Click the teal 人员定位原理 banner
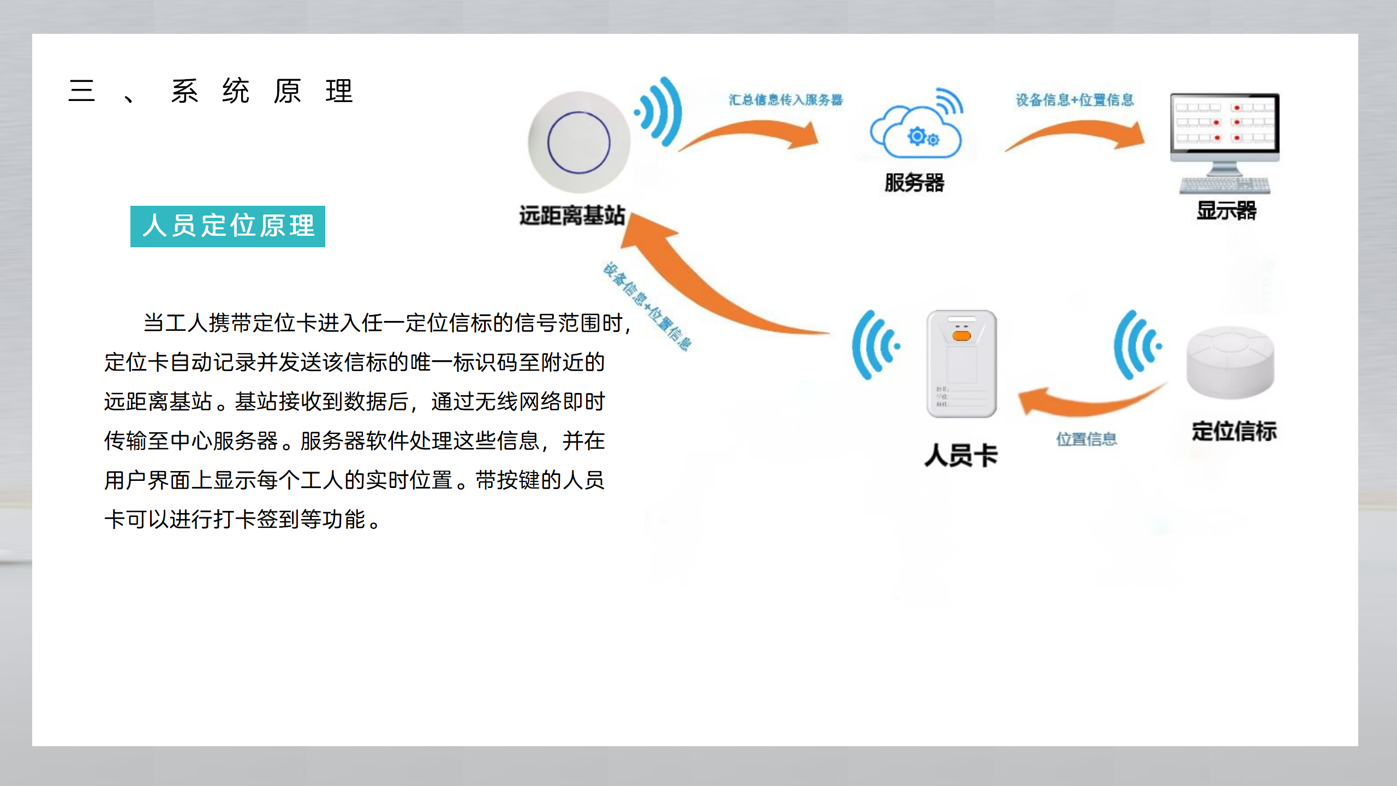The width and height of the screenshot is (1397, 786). [x=228, y=226]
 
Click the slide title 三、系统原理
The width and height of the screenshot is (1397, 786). [x=211, y=91]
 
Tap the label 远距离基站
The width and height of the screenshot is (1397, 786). [x=571, y=215]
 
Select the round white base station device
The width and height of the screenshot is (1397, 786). [x=578, y=142]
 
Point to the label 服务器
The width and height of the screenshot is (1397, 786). [x=914, y=183]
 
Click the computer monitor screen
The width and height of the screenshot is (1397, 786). [x=1224, y=124]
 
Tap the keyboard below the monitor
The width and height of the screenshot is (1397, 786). [x=1225, y=186]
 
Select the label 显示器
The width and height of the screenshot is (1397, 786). [x=1226, y=211]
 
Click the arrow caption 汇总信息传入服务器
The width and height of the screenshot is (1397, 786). [x=785, y=100]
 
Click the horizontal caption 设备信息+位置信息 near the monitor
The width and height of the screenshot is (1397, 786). [x=1074, y=100]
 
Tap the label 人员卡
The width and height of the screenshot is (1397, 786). [x=961, y=455]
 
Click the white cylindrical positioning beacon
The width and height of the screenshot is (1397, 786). [x=1230, y=363]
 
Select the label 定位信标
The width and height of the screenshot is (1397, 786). [x=1234, y=431]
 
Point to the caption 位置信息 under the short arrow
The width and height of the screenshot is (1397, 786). [x=1086, y=439]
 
